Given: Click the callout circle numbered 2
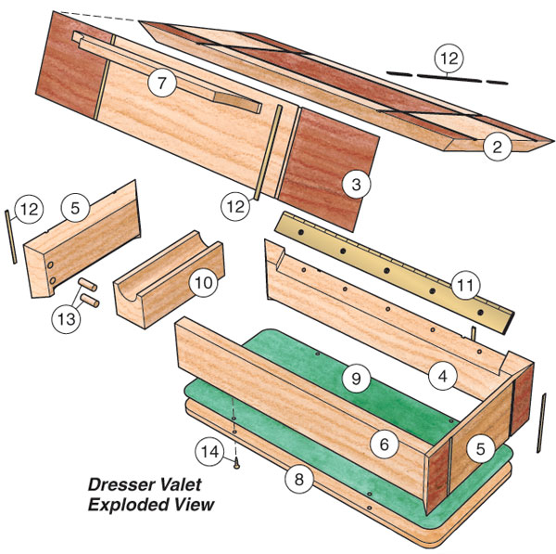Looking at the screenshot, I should pyautogui.click(x=497, y=147).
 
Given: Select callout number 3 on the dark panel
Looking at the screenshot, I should pyautogui.click(x=355, y=184).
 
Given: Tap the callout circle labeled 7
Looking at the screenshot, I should pyautogui.click(x=161, y=83).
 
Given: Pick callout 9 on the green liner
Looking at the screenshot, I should pyautogui.click(x=355, y=377).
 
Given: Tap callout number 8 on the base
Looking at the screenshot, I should pyautogui.click(x=298, y=480).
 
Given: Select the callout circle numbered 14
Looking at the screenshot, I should pyautogui.click(x=211, y=452).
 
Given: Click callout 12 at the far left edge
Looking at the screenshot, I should pyautogui.click(x=29, y=209).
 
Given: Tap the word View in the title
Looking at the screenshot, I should pyautogui.click(x=191, y=504).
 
